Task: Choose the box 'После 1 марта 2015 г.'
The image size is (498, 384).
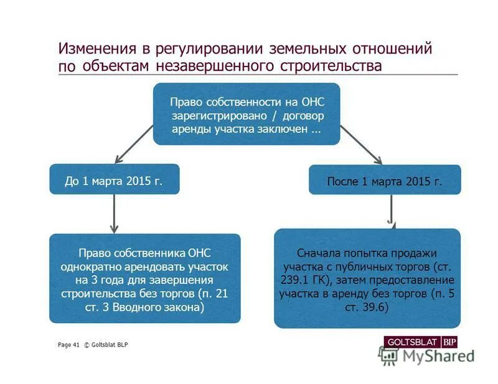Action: pyautogui.click(x=385, y=180)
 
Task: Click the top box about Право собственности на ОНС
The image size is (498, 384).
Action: pyautogui.click(x=247, y=114)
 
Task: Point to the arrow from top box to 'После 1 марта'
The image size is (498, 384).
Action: pyautogui.click(x=362, y=145)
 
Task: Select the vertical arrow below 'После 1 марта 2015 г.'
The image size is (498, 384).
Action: pyautogui.click(x=391, y=211)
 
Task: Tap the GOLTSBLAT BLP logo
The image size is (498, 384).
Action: pyautogui.click(x=421, y=342)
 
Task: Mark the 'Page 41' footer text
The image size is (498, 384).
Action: pyautogui.click(x=68, y=345)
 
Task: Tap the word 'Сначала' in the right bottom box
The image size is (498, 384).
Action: pyautogui.click(x=319, y=253)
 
